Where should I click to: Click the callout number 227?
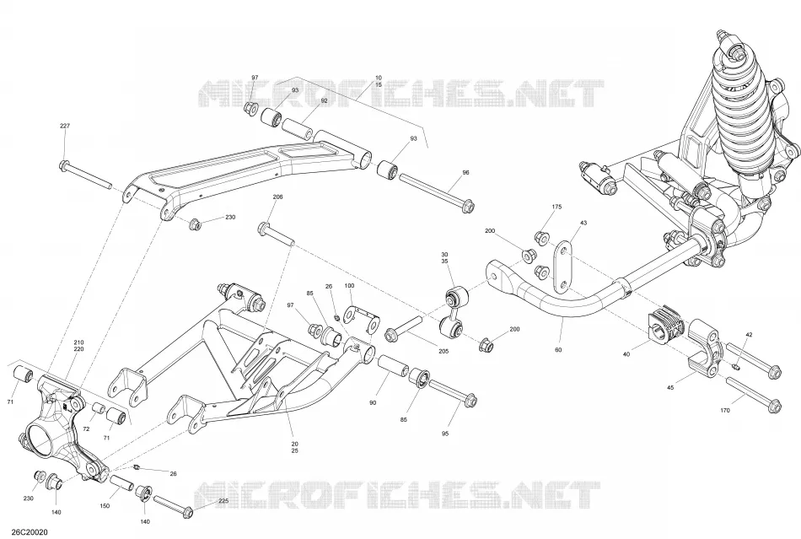[x=65, y=126]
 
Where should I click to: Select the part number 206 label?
[x=278, y=197]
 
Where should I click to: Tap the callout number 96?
[x=465, y=173]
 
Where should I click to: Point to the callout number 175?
[x=556, y=207]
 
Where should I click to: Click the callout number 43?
[x=583, y=223]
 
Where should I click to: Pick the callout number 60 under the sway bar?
[x=558, y=350]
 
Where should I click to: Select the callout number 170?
[x=724, y=410]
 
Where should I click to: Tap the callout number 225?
[x=223, y=501]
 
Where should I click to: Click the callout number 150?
[x=105, y=506]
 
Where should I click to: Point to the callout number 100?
[x=349, y=286]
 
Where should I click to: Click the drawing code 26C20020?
[x=24, y=532]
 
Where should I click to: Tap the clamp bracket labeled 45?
[x=704, y=348]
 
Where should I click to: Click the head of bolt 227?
[x=64, y=166]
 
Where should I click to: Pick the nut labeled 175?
[x=540, y=238]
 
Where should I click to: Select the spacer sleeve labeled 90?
[x=392, y=369]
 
